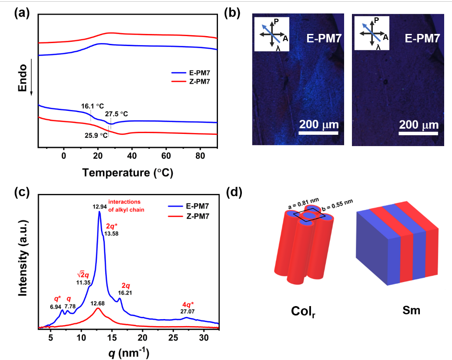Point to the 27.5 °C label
point(117,114)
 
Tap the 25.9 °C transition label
point(97,135)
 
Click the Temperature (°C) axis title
point(127,173)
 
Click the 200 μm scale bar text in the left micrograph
point(319,127)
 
